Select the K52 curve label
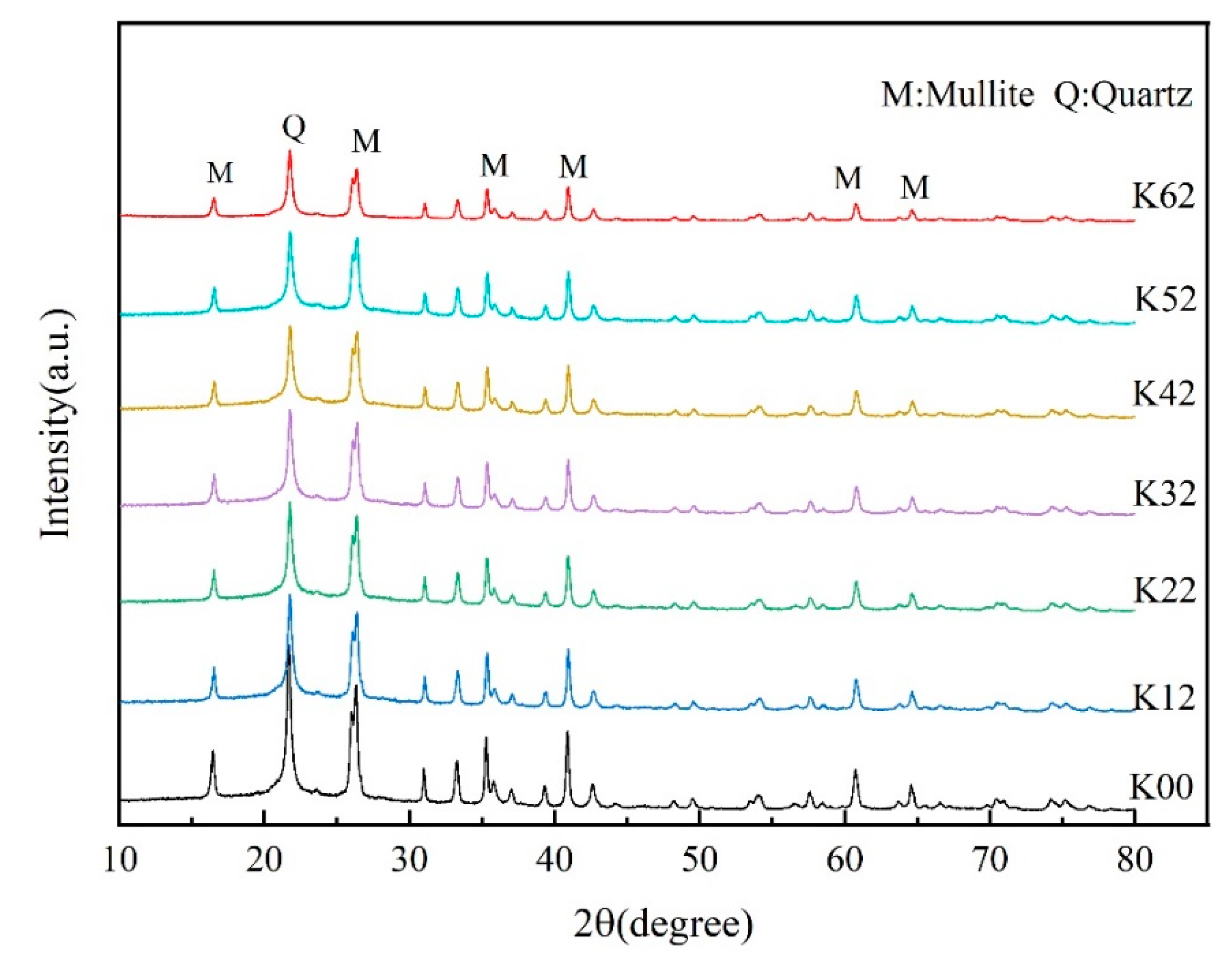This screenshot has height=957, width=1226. pyautogui.click(x=1165, y=299)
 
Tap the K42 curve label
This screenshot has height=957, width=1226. pyautogui.click(x=1162, y=394)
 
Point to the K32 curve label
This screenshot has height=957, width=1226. pyautogui.click(x=1164, y=494)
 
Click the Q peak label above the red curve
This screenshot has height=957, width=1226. pyautogui.click(x=293, y=129)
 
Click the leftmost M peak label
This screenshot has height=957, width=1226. pyautogui.click(x=219, y=173)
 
